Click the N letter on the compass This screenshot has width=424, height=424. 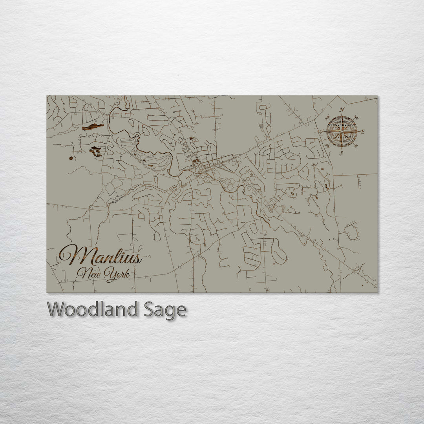342,110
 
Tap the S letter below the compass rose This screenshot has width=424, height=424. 342,153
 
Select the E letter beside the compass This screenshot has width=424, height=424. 362,132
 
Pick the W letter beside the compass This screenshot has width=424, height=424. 320,132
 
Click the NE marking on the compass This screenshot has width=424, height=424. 356,117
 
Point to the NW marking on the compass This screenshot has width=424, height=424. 327,117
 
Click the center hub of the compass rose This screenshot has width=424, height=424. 342,132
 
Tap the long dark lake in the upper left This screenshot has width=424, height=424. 93,126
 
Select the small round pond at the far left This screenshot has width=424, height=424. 71,158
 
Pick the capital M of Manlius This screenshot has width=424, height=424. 70,256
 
